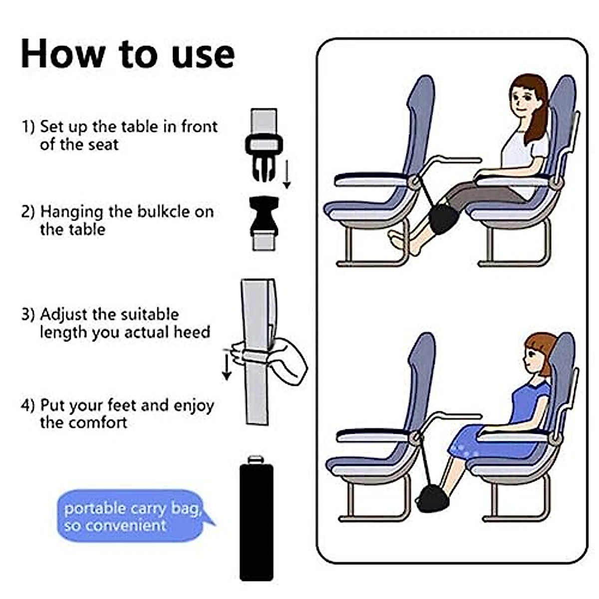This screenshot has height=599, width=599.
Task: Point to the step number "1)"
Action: (28, 126)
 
